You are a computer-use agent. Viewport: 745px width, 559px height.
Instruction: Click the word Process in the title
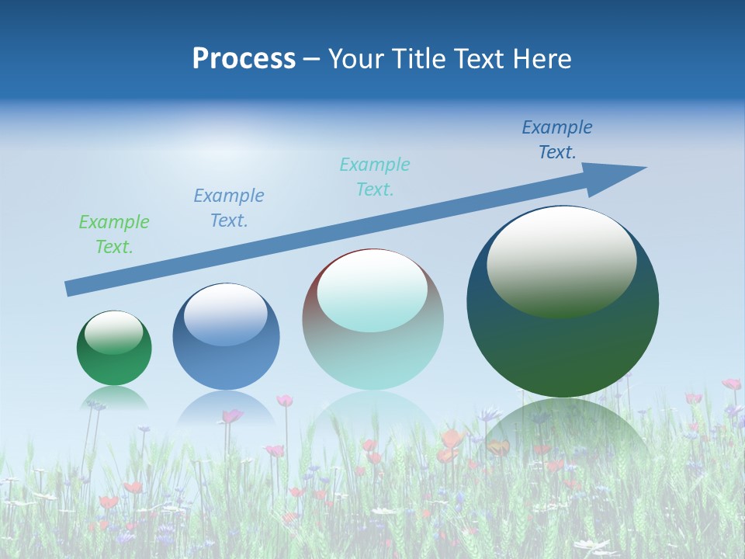pos(244,59)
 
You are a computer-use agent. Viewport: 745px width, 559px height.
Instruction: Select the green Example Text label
pos(114,234)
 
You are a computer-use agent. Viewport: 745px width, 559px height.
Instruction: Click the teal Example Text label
pos(375,177)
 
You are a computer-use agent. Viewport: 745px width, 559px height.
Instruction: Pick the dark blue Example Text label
pos(557,140)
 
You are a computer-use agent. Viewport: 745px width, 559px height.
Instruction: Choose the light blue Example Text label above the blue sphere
pos(229,208)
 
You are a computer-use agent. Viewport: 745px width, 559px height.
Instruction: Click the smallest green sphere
pos(114,365)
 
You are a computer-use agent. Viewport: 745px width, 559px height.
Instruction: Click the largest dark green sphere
pos(563,349)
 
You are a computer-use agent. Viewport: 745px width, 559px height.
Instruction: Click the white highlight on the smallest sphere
pos(114,332)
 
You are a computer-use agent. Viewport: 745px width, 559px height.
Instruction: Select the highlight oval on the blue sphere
pos(226,314)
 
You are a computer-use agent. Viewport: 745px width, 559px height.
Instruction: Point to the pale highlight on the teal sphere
pos(372,290)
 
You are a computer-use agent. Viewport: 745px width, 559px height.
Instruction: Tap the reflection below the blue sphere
pos(226,408)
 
